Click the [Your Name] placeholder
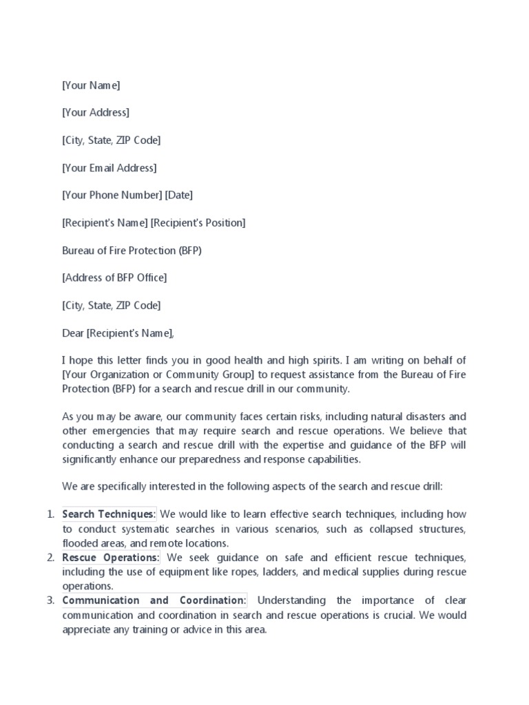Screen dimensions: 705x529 [x=91, y=85]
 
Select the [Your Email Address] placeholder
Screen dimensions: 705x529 [x=109, y=168]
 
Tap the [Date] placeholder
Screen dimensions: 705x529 [x=178, y=196]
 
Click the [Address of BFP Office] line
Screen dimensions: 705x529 [x=114, y=278]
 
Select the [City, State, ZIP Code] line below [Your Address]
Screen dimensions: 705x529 [x=111, y=140]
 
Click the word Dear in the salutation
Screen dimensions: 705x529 [x=73, y=333]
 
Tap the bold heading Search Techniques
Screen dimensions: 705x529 [x=109, y=514]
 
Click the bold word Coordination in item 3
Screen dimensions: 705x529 [x=211, y=600]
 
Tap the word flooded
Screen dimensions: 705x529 [x=79, y=543]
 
